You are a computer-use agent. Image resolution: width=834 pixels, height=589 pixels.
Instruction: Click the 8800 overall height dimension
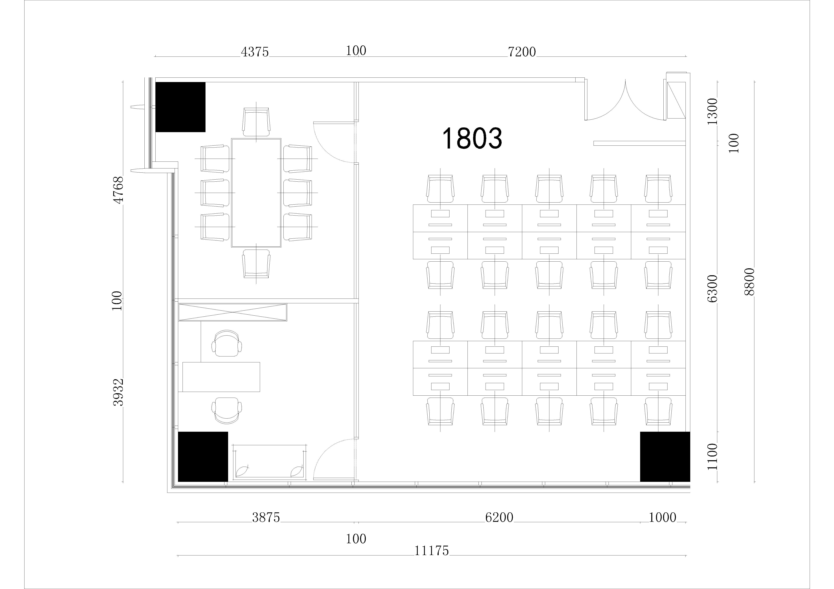pyautogui.click(x=749, y=282)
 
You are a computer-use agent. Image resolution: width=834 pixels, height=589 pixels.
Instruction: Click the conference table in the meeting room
pyautogui.click(x=256, y=193)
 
